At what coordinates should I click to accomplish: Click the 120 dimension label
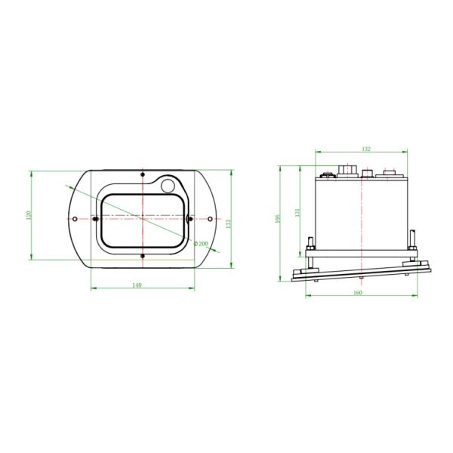(28, 217)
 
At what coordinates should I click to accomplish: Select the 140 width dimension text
(137, 285)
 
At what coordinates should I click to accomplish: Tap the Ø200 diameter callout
(202, 243)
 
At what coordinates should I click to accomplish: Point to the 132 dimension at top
(366, 149)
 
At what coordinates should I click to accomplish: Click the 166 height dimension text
(278, 219)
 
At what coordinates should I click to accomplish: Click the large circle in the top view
(168, 184)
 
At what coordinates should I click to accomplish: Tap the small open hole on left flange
(75, 219)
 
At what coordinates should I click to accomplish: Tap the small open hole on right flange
(209, 219)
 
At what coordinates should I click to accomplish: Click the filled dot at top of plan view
(142, 175)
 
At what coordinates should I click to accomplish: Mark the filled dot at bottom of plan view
(142, 256)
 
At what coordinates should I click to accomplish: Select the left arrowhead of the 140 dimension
(92, 288)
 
